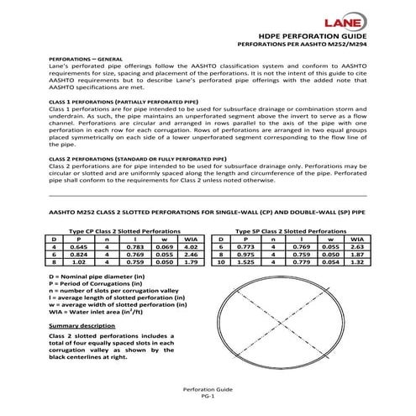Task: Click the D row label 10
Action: coord(220,262)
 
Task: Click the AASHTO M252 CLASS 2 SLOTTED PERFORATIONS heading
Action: coord(207,214)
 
